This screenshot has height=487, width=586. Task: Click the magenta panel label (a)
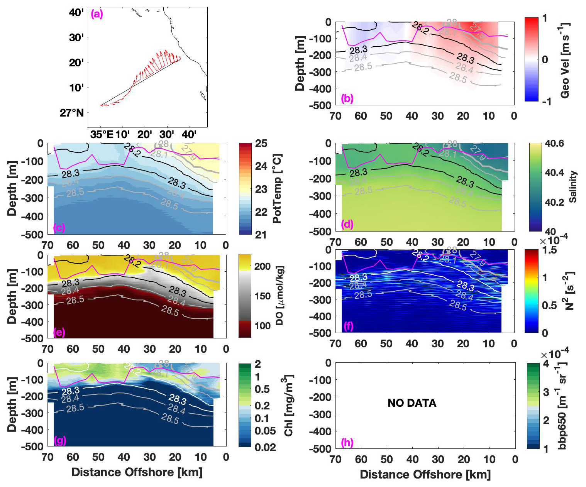point(97,15)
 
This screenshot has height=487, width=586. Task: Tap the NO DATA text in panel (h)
point(412,403)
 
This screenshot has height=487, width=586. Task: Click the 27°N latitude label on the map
point(72,113)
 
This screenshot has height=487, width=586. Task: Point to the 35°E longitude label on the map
point(102,135)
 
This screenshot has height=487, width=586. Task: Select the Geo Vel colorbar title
point(564,60)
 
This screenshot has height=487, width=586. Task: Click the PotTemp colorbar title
point(277,189)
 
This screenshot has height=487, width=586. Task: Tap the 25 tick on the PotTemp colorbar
point(261,144)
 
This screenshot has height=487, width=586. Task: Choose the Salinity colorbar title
point(573,187)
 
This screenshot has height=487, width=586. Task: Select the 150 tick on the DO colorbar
point(263,296)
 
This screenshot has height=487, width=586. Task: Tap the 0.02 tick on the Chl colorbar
point(265,447)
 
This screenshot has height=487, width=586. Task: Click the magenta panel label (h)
point(347,442)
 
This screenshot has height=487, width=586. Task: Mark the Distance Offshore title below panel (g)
point(137,472)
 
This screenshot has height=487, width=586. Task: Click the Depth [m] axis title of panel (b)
point(300,63)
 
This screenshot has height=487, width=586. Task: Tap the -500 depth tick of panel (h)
point(320,448)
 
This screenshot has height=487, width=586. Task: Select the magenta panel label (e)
point(59,332)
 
